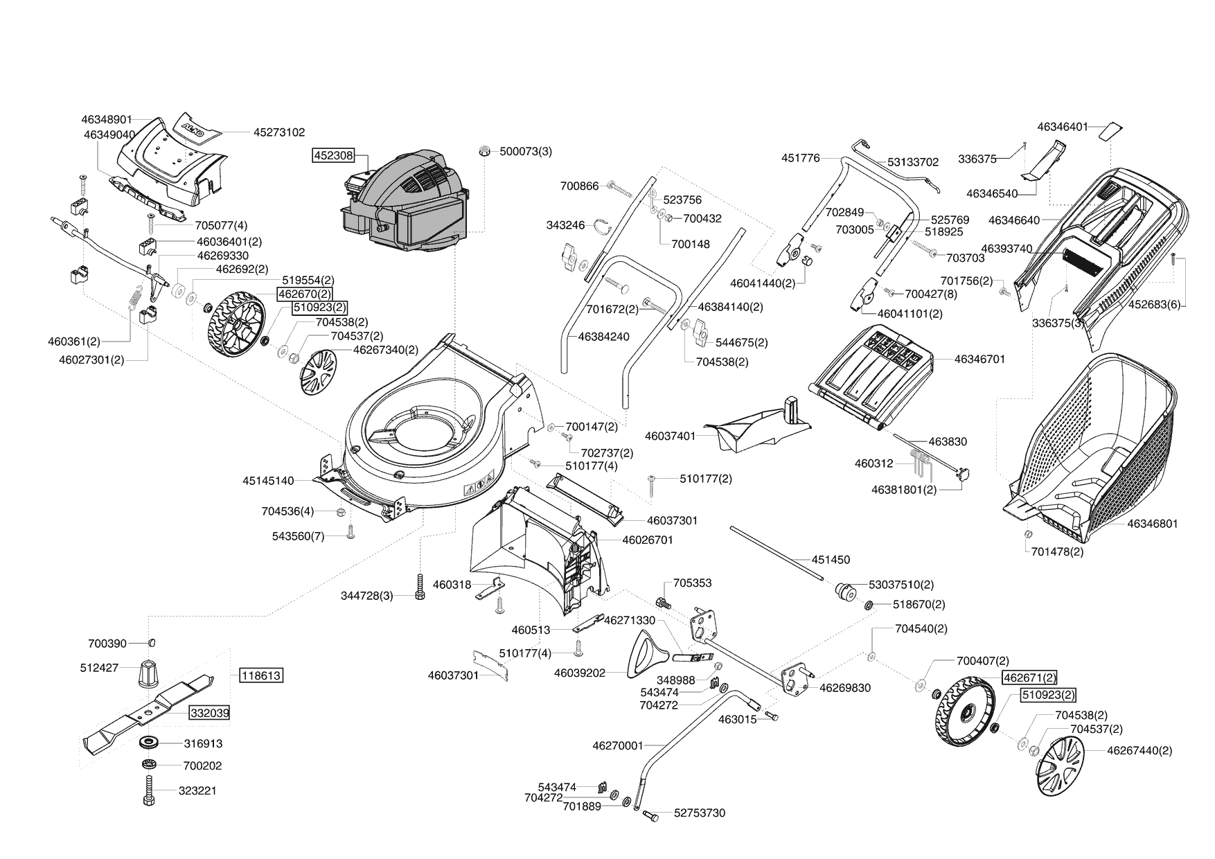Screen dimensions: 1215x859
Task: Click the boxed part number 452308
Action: pos(334,156)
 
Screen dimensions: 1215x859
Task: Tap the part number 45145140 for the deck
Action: pos(268,480)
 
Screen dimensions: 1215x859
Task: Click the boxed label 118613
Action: pos(262,675)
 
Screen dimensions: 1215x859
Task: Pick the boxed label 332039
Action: pos(209,713)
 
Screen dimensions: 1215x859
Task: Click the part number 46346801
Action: pos(1153,524)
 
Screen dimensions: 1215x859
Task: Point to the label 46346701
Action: pos(979,359)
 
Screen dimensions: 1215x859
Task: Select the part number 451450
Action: pos(831,560)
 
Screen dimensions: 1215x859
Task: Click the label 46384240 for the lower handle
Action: pos(603,337)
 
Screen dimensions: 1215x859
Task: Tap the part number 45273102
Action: pos(279,132)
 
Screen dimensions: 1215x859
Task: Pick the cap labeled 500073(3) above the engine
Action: pos(486,150)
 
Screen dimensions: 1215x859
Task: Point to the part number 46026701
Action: pos(648,540)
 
